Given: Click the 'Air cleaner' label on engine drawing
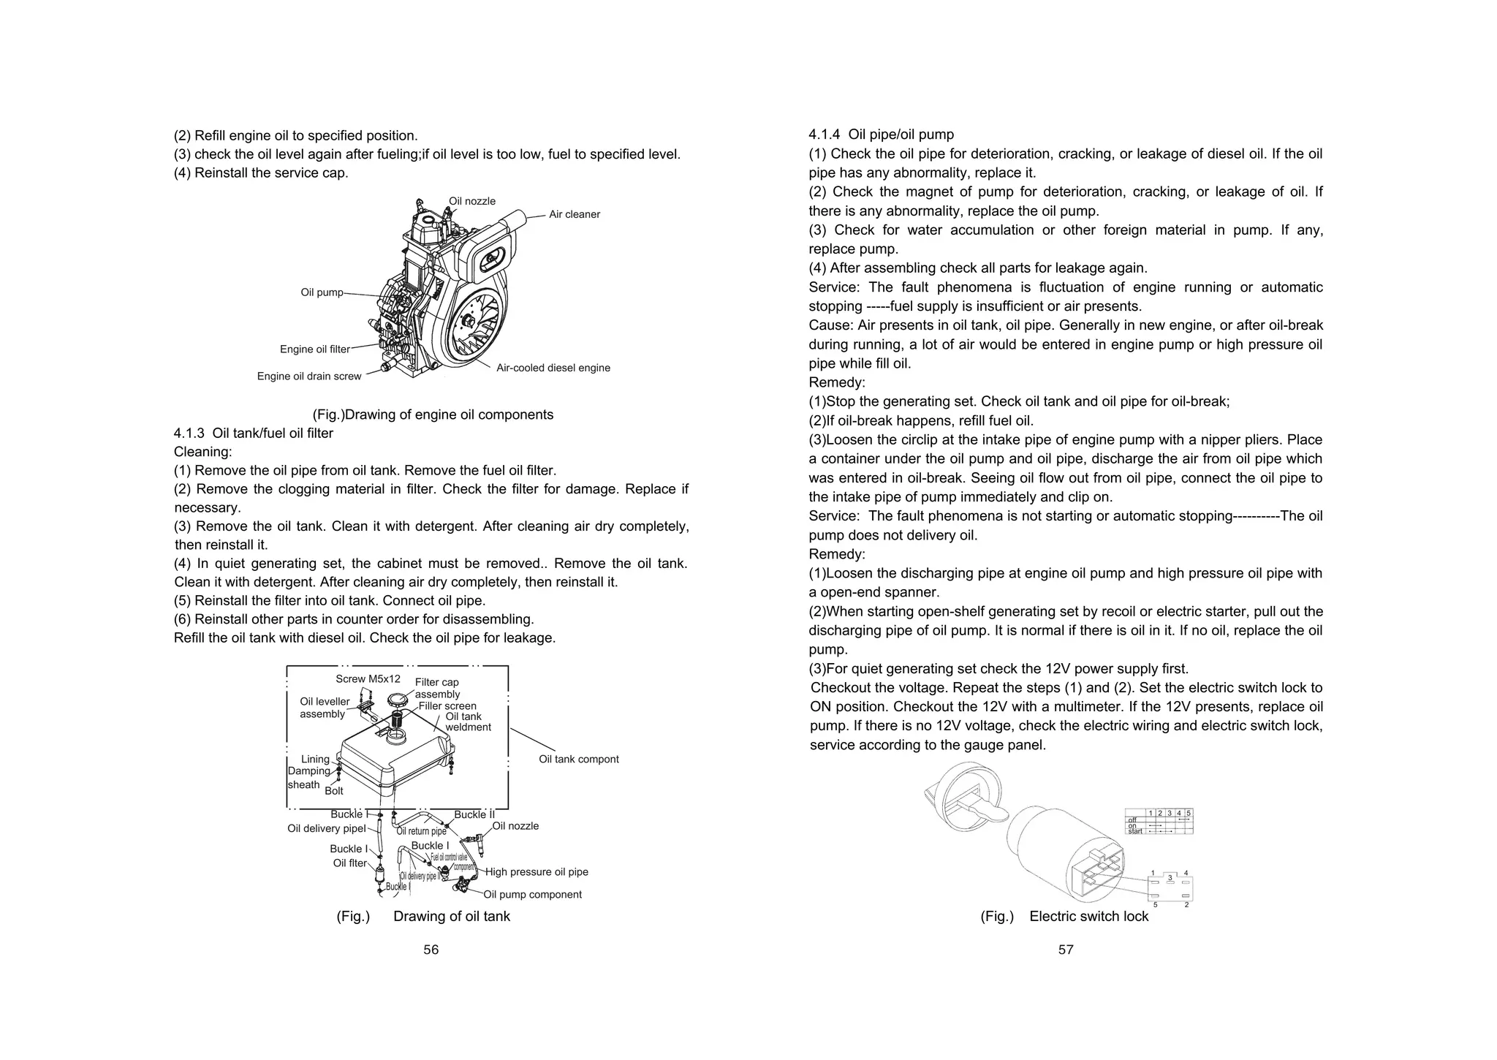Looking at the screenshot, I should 574,214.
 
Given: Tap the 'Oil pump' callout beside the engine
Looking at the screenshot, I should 322,292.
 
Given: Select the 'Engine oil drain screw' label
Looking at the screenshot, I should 309,376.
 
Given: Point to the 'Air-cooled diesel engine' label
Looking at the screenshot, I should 553,368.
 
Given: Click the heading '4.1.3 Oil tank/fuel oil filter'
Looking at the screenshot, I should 253,434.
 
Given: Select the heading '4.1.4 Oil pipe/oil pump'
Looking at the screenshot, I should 881,135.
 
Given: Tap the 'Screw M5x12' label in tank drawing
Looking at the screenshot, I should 368,679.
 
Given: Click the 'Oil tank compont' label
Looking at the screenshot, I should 578,760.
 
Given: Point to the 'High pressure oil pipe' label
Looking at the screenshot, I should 537,872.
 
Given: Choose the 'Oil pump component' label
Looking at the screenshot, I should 532,895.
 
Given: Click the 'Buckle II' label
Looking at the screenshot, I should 474,814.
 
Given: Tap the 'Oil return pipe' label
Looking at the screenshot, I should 421,831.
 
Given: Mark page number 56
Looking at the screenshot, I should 431,950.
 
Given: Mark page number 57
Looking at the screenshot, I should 1066,950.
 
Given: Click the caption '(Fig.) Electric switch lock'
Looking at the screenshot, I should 1064,917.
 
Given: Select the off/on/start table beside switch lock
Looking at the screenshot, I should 1159,822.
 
